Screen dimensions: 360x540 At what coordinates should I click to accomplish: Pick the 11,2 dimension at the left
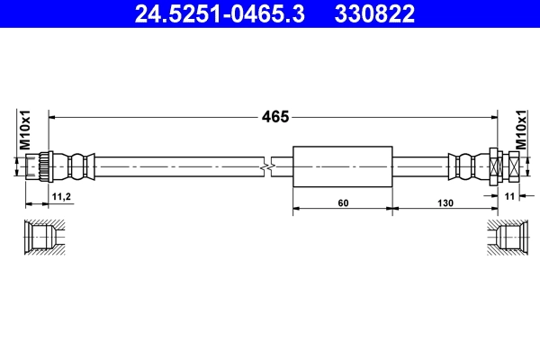tap(60, 195)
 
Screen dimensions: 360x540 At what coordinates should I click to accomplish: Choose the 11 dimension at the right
tap(508, 195)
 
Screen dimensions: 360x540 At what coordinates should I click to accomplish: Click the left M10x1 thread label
tap(25, 130)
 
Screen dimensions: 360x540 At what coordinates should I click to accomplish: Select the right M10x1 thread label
tap(520, 130)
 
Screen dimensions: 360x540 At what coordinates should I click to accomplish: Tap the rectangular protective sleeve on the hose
tap(343, 167)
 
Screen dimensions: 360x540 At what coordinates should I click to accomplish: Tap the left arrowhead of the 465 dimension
tap(52, 116)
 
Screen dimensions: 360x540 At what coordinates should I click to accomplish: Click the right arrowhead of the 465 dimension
tap(493, 116)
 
